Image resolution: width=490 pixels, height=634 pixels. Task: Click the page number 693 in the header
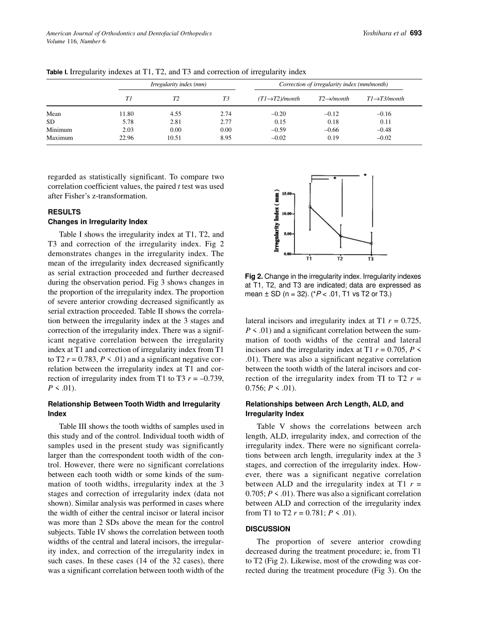point(416,34)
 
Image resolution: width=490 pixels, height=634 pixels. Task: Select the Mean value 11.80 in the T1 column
point(127,113)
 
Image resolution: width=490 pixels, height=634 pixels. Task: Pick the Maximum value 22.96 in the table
point(126,138)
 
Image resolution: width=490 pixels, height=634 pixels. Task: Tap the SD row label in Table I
point(51,122)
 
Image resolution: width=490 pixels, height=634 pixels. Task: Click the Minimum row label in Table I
point(59,130)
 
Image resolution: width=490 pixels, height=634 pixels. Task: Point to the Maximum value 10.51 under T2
point(174,138)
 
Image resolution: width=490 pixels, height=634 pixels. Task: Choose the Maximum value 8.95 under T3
point(225,138)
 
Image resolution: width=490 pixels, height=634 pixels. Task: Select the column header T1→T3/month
point(385,98)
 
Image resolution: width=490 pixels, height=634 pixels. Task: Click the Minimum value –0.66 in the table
point(332,130)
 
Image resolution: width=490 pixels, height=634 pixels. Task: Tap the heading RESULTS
point(64,212)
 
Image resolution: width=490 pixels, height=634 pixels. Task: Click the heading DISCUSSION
point(268,528)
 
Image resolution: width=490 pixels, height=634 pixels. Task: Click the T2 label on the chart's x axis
point(340,259)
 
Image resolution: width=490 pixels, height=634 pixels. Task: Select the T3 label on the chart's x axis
point(371,259)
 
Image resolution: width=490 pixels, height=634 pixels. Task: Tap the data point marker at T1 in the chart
point(309,207)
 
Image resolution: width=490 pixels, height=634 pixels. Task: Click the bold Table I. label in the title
point(57,72)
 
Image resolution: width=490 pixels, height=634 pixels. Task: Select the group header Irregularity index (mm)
point(178,84)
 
